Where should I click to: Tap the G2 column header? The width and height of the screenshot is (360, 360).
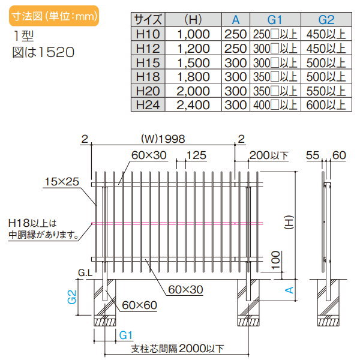[x=325, y=19]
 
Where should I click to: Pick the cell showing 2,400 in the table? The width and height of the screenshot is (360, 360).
[x=196, y=104]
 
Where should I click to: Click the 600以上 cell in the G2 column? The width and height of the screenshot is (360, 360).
[x=325, y=104]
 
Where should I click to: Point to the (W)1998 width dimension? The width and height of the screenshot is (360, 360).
[x=163, y=139]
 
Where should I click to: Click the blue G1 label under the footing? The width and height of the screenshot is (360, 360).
[x=125, y=334]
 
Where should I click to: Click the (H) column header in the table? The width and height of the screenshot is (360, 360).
[x=196, y=19]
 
